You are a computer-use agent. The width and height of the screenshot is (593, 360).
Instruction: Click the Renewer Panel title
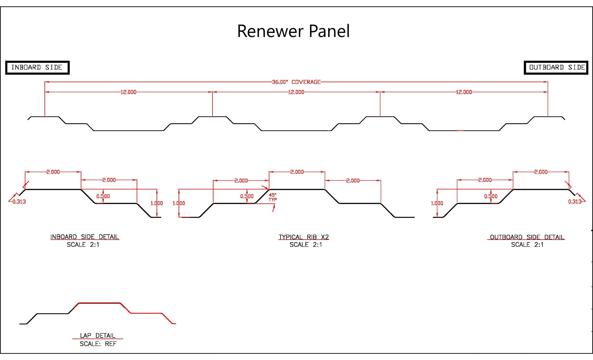click(293, 31)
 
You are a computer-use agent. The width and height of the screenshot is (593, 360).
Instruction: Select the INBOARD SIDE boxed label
click(37, 67)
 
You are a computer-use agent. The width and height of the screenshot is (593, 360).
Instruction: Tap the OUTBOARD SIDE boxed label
click(556, 67)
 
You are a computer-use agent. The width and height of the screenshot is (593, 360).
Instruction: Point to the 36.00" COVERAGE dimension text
click(296, 82)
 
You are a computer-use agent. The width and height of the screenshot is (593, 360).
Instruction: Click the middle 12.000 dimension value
click(296, 92)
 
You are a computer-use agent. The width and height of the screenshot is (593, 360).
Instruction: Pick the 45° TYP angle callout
click(273, 197)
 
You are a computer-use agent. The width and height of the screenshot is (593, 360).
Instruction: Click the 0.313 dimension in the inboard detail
click(19, 202)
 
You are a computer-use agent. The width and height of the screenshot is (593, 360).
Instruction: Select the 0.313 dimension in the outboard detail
click(575, 202)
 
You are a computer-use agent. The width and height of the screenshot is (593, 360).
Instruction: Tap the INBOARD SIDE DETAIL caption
click(85, 237)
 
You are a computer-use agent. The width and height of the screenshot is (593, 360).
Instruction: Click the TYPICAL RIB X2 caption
click(304, 237)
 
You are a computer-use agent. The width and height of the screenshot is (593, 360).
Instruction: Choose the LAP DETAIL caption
click(98, 335)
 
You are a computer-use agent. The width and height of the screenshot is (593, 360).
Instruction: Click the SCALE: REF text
click(98, 344)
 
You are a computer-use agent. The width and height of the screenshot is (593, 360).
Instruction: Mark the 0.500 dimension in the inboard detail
click(103, 196)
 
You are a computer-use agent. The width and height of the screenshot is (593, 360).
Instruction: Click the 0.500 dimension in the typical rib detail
click(247, 196)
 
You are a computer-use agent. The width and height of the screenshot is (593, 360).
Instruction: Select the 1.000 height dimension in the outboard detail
click(437, 203)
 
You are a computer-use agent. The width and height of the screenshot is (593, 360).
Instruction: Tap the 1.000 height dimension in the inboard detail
click(157, 203)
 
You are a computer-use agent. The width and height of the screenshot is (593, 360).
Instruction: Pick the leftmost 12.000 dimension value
click(128, 92)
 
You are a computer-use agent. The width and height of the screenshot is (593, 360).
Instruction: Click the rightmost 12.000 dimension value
click(464, 92)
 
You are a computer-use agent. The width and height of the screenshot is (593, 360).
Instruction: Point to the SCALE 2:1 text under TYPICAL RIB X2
click(306, 245)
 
